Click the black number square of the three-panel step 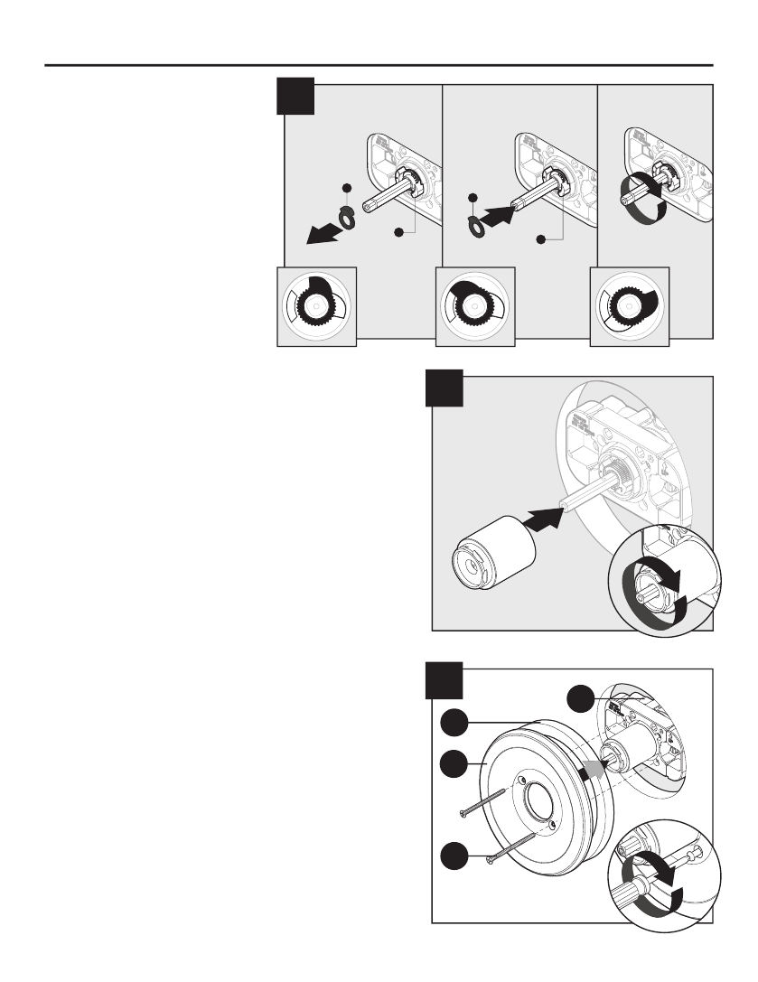click(x=295, y=97)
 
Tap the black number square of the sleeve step click(x=445, y=388)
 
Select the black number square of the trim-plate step click(x=445, y=679)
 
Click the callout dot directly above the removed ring click(x=346, y=187)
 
